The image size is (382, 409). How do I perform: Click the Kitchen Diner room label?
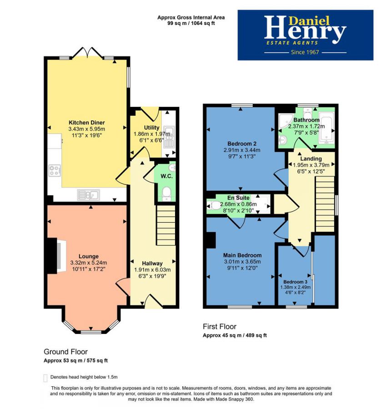(86, 123)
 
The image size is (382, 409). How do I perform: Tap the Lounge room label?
(88, 256)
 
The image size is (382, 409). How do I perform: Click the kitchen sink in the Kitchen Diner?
(89, 195)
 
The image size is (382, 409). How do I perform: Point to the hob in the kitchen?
(55, 171)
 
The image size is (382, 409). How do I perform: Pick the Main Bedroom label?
(242, 255)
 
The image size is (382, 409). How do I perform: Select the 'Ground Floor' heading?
(65, 352)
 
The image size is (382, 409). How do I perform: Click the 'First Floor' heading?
(219, 326)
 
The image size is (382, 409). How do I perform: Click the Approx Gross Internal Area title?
(191, 17)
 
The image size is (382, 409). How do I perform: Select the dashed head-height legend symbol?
(45, 378)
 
